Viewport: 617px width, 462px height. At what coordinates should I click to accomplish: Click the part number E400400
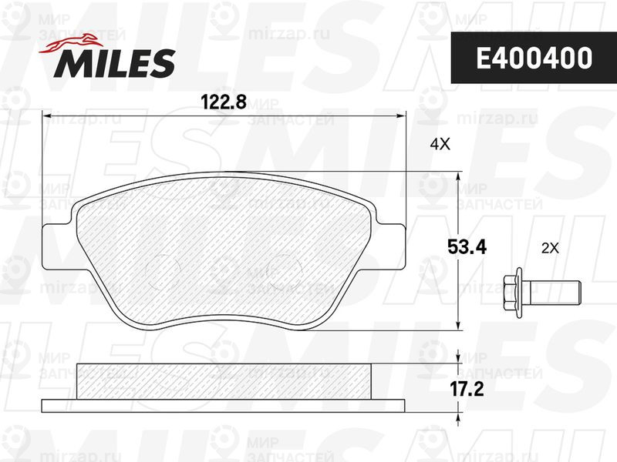[x=534, y=58]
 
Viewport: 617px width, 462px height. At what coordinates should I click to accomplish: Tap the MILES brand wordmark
[x=115, y=63]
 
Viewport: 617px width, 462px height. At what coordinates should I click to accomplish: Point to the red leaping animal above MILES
[x=71, y=43]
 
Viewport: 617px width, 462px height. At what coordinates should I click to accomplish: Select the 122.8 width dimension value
[x=224, y=102]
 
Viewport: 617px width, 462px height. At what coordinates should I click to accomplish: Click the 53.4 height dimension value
[x=467, y=247]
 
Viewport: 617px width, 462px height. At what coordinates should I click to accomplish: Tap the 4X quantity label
[x=440, y=145]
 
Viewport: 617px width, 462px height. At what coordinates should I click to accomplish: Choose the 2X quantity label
[x=550, y=248]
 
